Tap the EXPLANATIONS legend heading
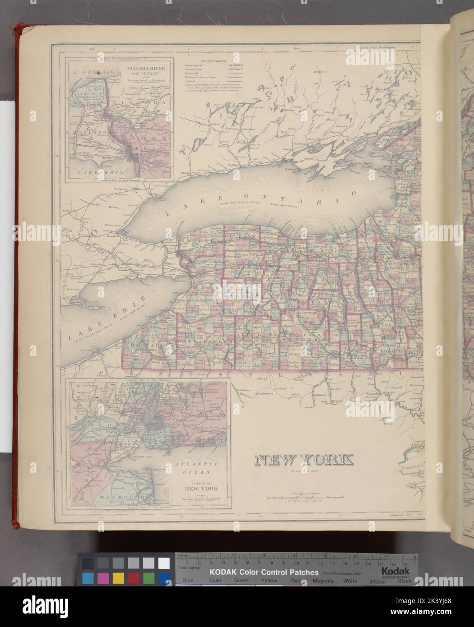click(x=210, y=60)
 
